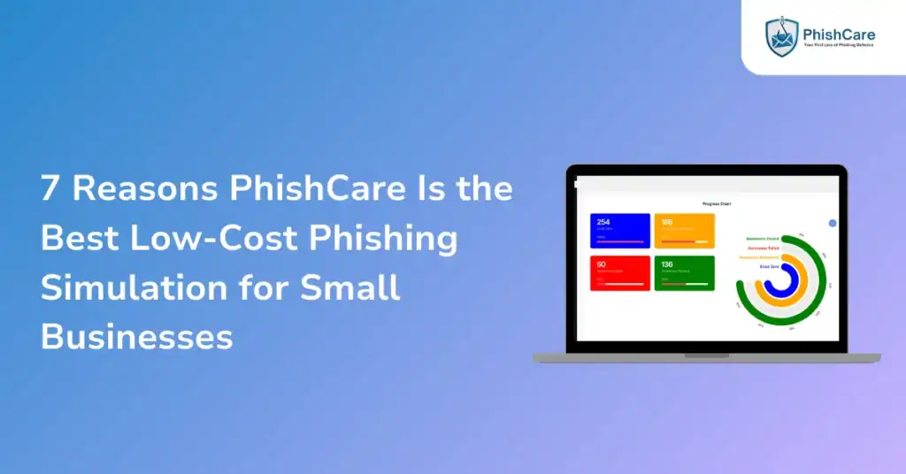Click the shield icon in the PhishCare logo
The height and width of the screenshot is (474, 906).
tap(781, 36)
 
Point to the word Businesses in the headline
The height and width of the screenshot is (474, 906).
tap(137, 336)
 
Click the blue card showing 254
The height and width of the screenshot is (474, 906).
tap(619, 231)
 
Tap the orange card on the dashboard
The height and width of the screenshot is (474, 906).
tap(684, 231)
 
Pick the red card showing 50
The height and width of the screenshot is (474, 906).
tap(619, 273)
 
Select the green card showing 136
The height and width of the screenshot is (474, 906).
tap(684, 273)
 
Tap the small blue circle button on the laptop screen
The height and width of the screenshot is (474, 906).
tap(832, 223)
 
